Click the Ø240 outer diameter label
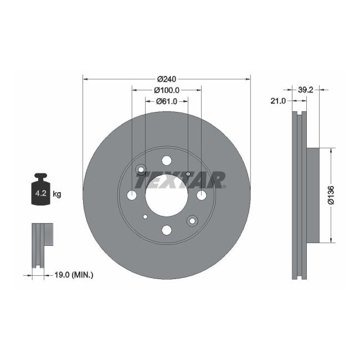(x=167, y=79)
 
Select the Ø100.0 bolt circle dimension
(x=166, y=90)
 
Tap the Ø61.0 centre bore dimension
(x=166, y=101)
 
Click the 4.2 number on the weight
(x=40, y=193)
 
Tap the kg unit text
(x=56, y=194)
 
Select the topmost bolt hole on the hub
(x=167, y=161)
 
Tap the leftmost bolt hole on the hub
(x=132, y=195)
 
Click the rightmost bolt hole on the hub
(x=200, y=195)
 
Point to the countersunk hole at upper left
(x=141, y=169)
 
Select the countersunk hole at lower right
(x=193, y=220)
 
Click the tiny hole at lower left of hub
(x=145, y=217)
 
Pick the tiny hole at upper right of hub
(x=188, y=174)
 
